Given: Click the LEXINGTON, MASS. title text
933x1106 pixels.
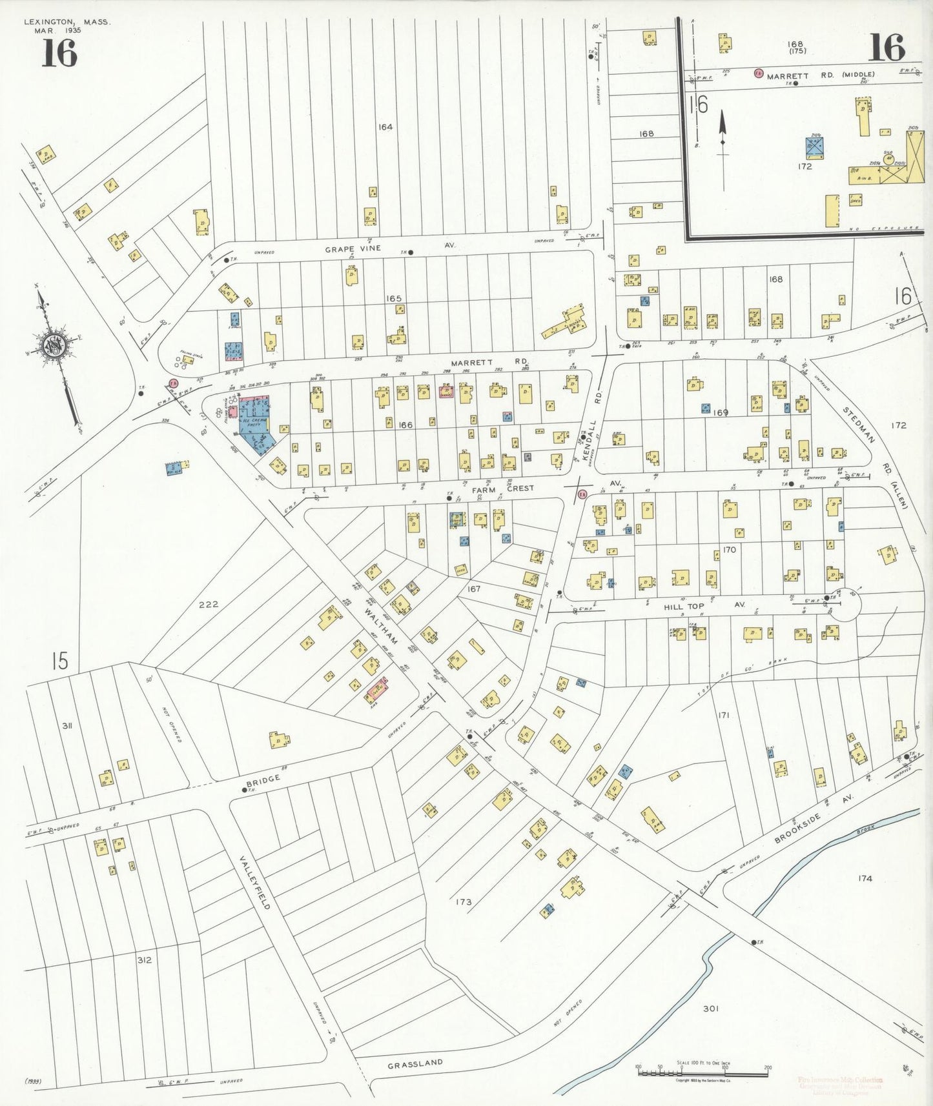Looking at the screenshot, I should click(x=67, y=22).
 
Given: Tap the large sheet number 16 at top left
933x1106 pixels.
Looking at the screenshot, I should click(x=59, y=53).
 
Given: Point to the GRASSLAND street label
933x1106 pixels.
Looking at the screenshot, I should click(x=415, y=1063).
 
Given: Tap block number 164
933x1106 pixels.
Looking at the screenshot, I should click(x=385, y=127).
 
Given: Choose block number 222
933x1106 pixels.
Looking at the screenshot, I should click(x=209, y=604).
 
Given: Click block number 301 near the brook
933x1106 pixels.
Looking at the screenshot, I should click(x=710, y=1008).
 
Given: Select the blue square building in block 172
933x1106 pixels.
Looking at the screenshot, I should click(x=814, y=148).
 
